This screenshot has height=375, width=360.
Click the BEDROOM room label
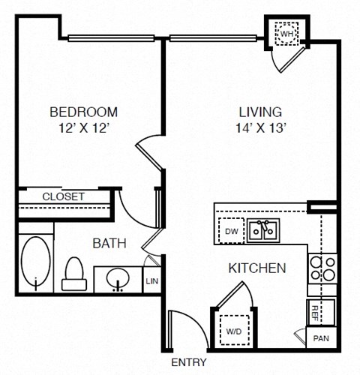[83, 112]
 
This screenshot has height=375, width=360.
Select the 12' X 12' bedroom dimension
[83, 127]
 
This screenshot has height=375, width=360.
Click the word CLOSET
[64, 196]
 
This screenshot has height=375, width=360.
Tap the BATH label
[109, 243]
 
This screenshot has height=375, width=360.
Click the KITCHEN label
[257, 267]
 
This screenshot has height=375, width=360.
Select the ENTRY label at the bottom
[189, 362]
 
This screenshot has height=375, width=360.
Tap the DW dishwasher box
[231, 231]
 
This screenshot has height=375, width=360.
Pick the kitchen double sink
[262, 230]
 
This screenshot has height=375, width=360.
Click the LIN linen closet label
[152, 280]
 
